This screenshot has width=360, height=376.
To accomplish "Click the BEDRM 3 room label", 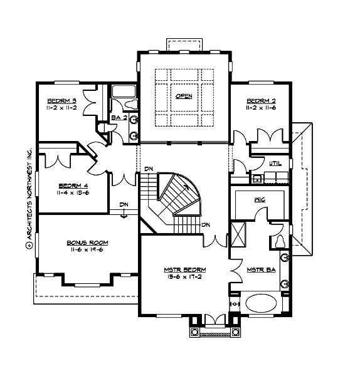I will pyautogui.click(x=61, y=100).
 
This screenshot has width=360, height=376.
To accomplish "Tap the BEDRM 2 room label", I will pyautogui.click(x=261, y=100).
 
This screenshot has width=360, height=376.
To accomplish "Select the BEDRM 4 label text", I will pyautogui.click(x=73, y=185).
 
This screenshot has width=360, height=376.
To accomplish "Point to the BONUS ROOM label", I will pyautogui.click(x=88, y=243).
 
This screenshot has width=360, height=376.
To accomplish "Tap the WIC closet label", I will pyautogui.click(x=260, y=200).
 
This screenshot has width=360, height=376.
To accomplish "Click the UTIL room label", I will pyautogui.click(x=275, y=164).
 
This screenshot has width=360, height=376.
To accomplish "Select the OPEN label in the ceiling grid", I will pyautogui.click(x=184, y=96).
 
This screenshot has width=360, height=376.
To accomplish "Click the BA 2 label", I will pyautogui.click(x=119, y=117).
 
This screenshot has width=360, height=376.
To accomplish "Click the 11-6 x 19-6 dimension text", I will pyautogui.click(x=88, y=250).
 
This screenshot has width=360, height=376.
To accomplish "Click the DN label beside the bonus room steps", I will pyautogui.click(x=124, y=205).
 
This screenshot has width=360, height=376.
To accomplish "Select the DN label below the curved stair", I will pyautogui.click(x=205, y=225).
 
